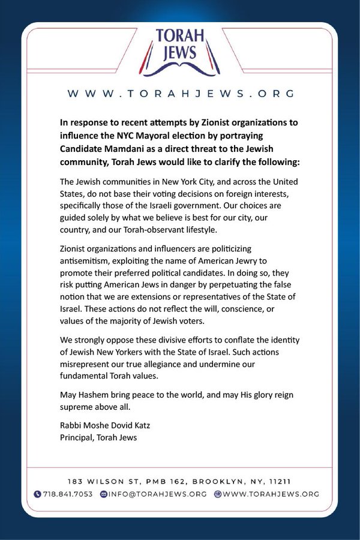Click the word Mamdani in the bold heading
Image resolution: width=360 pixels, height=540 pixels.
[x=128, y=148]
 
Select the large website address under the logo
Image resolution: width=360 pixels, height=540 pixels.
[x=180, y=94]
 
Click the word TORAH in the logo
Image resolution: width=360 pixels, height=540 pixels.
[x=181, y=37]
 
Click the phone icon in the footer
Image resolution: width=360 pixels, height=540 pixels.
[x=38, y=494]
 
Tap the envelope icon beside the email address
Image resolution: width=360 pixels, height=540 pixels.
[x=103, y=494]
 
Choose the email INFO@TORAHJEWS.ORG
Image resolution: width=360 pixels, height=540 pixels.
[x=158, y=494]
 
